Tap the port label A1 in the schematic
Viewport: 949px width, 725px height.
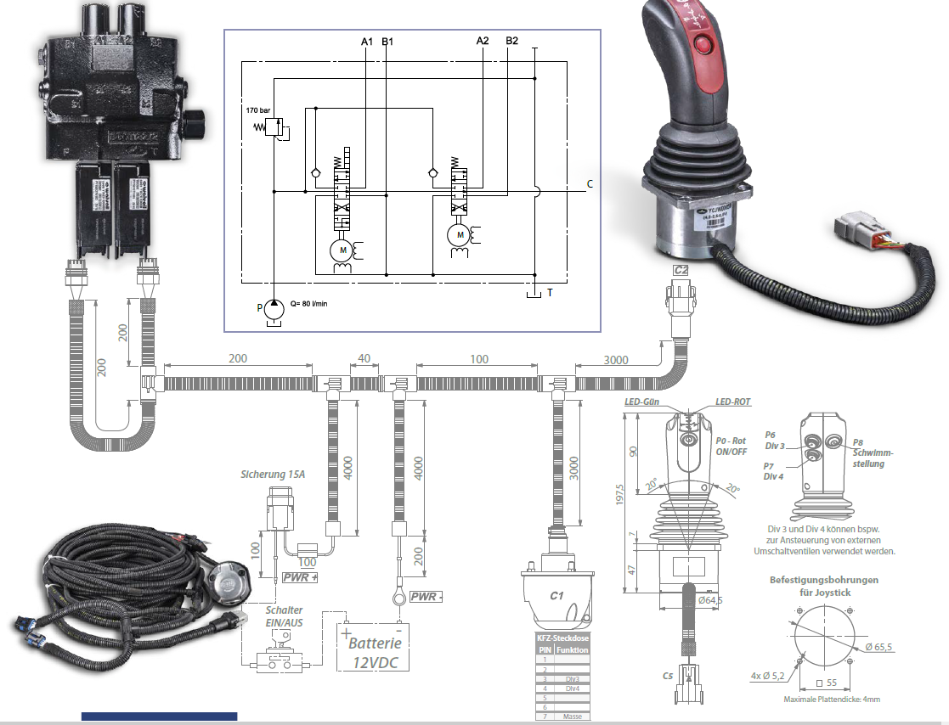(367, 41)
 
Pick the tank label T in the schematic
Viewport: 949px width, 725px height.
(551, 292)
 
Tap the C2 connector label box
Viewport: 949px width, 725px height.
(680, 270)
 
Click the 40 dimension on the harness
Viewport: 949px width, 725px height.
(364, 359)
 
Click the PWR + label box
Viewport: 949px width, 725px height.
(301, 578)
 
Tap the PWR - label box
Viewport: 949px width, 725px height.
(426, 597)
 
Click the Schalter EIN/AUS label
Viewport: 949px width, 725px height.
(283, 616)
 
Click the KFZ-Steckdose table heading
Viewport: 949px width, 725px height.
(562, 638)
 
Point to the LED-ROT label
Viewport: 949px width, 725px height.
(732, 402)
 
